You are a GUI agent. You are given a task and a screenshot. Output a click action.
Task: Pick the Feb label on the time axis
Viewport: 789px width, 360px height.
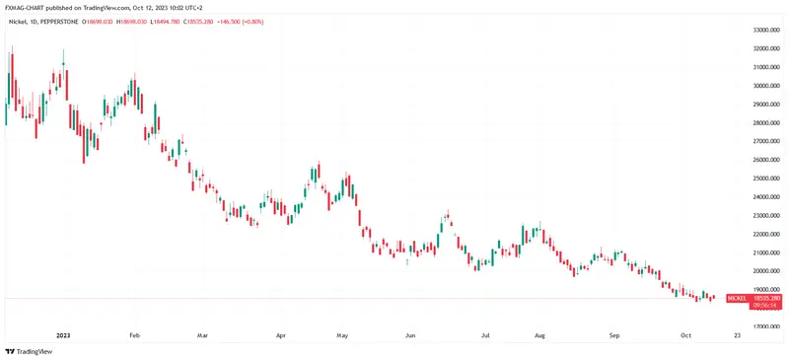pos(135,335)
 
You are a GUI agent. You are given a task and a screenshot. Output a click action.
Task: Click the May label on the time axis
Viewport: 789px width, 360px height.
pos(343,335)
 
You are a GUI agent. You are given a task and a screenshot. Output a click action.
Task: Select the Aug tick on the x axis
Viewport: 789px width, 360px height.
pos(538,335)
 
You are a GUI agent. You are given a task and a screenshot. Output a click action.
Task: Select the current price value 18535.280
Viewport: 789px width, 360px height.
pos(767,297)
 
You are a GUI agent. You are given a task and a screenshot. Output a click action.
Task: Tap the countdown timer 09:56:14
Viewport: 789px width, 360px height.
pos(766,305)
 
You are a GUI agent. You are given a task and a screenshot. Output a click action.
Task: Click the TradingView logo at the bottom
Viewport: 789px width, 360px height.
pos(29,351)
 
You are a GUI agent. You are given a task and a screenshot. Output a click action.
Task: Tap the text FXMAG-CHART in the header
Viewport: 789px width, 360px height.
pos(24,6)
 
